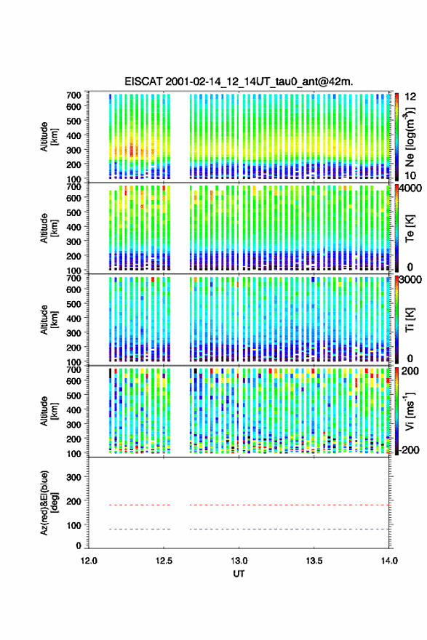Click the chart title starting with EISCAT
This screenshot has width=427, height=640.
(x=239, y=81)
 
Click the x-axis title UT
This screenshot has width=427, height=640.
(x=239, y=574)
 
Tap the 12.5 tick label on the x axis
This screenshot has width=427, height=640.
(x=164, y=561)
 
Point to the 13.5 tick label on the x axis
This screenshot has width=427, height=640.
(x=314, y=561)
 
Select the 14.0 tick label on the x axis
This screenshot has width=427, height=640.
(x=389, y=561)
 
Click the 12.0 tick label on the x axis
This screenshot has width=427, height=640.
(x=89, y=561)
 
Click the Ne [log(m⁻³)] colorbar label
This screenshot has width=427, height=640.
(x=410, y=137)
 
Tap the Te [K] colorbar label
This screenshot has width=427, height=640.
(x=410, y=229)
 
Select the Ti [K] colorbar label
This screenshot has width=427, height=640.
(x=410, y=320)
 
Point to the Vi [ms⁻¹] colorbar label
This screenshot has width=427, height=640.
(x=410, y=411)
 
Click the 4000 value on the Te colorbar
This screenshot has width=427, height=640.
(x=411, y=189)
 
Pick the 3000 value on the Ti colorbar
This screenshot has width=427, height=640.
(x=411, y=279)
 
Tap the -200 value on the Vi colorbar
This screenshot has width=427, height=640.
(x=410, y=449)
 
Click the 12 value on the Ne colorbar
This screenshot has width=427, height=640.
(x=410, y=97)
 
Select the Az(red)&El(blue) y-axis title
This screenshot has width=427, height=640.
(x=48, y=503)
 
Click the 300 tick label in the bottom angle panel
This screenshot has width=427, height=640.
(x=74, y=477)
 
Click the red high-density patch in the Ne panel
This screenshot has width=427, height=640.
(x=132, y=150)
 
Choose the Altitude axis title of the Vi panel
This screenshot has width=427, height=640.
(x=49, y=411)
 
